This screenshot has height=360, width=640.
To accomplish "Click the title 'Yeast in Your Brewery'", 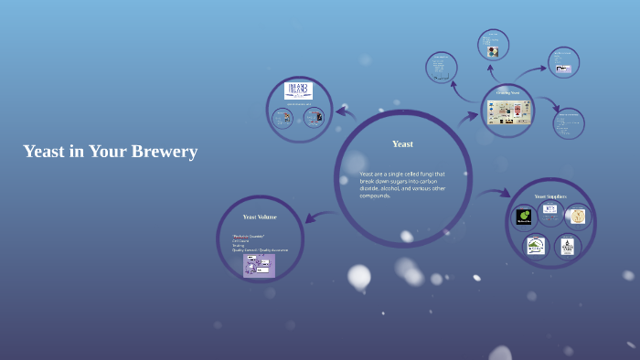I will [110, 152].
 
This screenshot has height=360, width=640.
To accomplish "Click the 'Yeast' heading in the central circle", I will [402, 143].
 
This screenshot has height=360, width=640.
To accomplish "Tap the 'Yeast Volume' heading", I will [260, 217].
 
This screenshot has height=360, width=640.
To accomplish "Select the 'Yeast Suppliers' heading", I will [550, 196].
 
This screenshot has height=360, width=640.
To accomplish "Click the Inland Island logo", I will [299, 90].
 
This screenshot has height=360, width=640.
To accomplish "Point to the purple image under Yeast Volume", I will [259, 265].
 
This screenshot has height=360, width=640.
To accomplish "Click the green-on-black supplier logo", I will [524, 217].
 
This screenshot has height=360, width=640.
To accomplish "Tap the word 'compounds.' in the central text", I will [375, 196].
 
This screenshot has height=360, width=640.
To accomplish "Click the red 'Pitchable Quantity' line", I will [248, 236].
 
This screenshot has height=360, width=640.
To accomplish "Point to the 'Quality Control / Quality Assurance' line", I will [261, 249].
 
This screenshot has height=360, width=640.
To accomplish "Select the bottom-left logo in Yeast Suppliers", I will [536, 245].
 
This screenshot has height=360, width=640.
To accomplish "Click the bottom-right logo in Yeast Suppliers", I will [567, 245].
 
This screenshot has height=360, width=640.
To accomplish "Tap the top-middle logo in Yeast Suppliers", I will [549, 210].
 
